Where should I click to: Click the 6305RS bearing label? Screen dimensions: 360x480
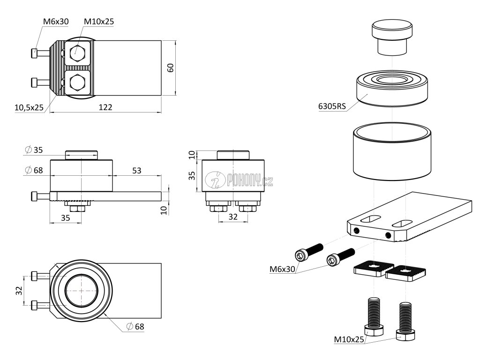click(x=331, y=106)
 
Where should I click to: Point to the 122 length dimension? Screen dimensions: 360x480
click(x=105, y=107)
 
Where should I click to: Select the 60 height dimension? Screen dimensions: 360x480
click(x=171, y=67)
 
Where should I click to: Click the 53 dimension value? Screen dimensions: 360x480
click(x=136, y=170)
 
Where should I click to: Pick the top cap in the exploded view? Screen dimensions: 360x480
click(x=393, y=38)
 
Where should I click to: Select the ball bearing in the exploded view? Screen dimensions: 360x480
click(x=392, y=88)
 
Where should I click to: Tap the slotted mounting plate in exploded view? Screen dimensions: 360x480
click(x=412, y=216)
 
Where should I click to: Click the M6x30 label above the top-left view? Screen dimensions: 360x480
click(x=55, y=22)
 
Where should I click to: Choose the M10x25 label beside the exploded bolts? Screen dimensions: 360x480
click(x=349, y=339)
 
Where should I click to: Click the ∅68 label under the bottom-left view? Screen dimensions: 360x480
click(x=136, y=326)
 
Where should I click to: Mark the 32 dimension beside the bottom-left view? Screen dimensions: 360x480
click(x=18, y=291)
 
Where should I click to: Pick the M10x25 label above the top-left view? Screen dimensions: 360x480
click(x=99, y=22)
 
